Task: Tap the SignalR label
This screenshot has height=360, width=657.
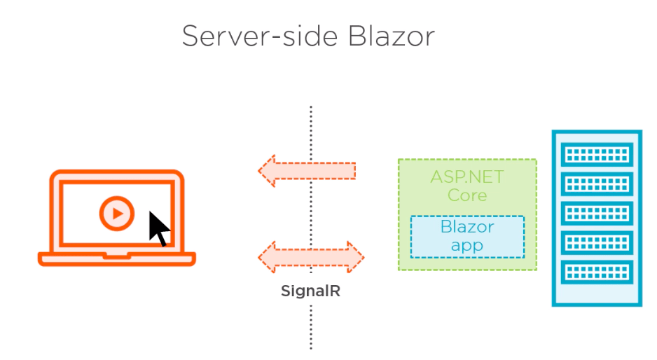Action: tap(310, 291)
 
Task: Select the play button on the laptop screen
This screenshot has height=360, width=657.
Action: tap(116, 212)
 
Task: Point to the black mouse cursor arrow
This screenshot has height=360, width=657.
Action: tap(159, 228)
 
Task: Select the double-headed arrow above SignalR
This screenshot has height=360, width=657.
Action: tap(311, 256)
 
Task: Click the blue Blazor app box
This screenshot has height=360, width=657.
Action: tap(467, 237)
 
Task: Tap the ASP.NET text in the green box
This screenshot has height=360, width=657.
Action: tap(467, 176)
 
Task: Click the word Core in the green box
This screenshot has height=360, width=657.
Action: tap(467, 195)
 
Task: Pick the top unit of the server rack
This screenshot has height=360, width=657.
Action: tap(597, 153)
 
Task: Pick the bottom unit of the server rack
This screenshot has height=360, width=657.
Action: tap(597, 272)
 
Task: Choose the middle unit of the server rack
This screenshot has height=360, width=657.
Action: tap(597, 213)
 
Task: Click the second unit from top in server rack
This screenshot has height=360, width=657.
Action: tap(597, 184)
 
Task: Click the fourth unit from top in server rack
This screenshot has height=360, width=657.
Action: tap(597, 242)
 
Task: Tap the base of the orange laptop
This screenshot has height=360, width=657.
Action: tap(116, 259)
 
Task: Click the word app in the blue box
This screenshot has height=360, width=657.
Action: tap(467, 246)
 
